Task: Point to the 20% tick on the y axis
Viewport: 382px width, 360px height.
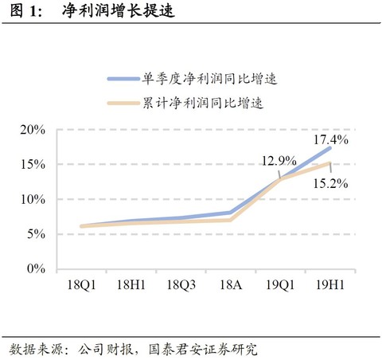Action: pos(30,129)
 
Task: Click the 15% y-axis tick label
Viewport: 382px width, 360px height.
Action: pos(30,164)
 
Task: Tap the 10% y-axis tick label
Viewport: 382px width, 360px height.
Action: pos(30,199)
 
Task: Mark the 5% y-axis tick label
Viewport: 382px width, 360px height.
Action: pos(33,234)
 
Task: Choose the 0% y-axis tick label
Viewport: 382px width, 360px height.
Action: pos(33,269)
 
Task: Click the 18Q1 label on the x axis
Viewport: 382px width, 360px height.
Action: pos(81,284)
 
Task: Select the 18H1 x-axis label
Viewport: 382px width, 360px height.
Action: pos(131,284)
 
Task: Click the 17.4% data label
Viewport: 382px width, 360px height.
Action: pos(333,139)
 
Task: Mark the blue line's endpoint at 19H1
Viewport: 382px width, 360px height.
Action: pos(329,148)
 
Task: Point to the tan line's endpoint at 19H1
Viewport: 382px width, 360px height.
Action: pos(329,163)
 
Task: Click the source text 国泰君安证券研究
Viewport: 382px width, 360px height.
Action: pos(202,349)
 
